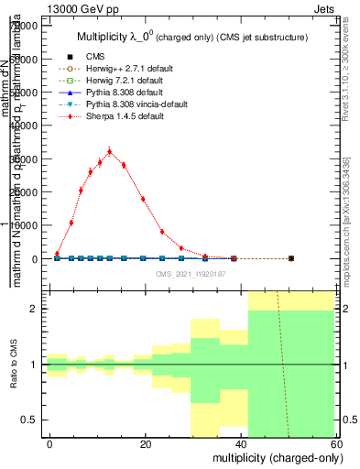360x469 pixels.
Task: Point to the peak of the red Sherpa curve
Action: tap(109, 152)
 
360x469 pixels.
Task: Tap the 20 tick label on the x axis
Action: tap(146, 444)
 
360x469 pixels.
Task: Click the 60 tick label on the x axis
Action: tap(338, 444)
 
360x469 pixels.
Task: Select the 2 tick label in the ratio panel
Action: tap(37, 310)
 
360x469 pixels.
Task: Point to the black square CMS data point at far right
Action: tap(290, 258)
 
